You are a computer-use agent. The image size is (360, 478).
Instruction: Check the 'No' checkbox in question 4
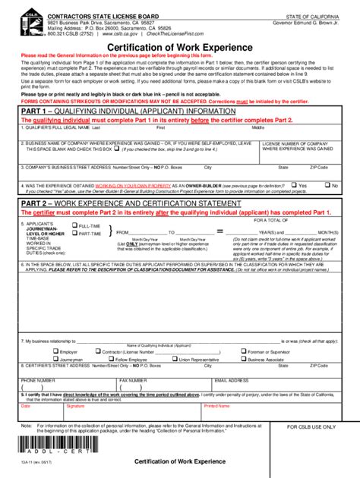[x=327, y=184]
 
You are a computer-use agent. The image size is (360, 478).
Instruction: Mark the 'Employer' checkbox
[x=55, y=351]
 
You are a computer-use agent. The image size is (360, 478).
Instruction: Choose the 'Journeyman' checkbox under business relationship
[x=55, y=359]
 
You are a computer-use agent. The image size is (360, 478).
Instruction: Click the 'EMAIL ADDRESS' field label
[x=232, y=379]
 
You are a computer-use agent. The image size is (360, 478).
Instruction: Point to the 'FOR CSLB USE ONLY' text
[x=311, y=427]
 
